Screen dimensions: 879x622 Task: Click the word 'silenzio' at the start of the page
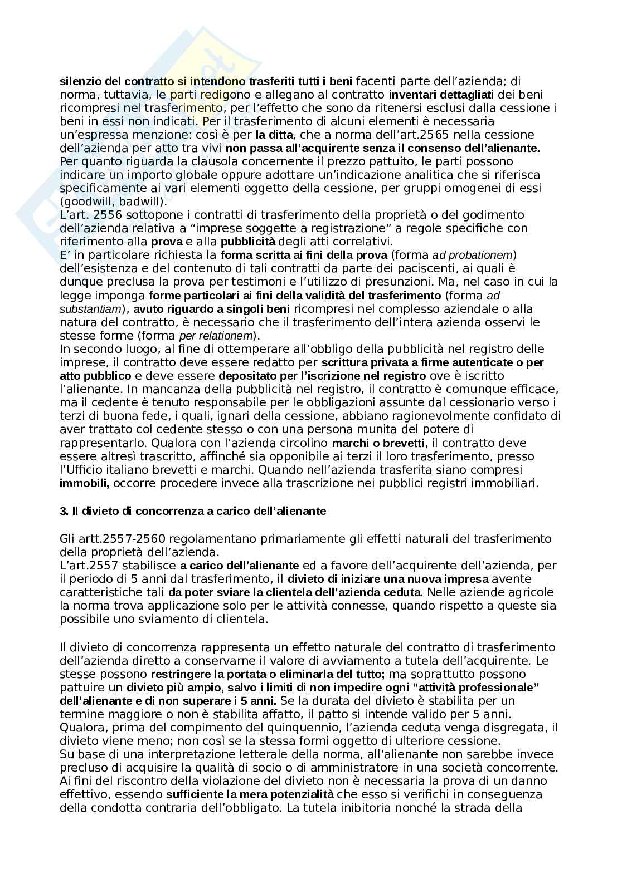click(79, 81)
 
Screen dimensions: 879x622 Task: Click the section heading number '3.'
click(63, 511)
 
